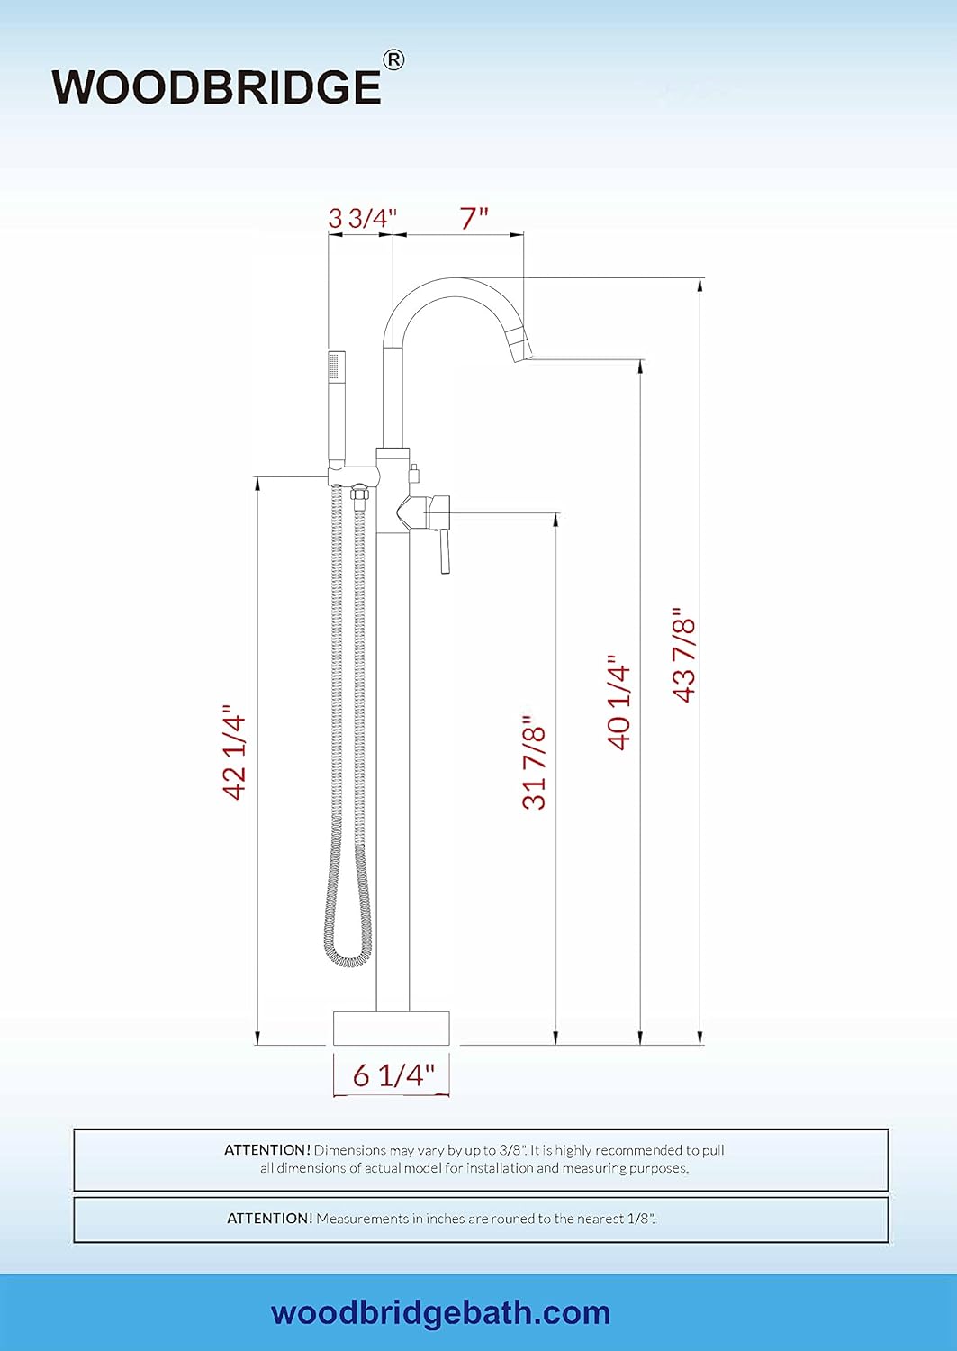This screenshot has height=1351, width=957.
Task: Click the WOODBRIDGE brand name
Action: coord(216,87)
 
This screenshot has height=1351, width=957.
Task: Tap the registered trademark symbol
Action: coord(393,60)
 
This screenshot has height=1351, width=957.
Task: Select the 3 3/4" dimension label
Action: coord(362,218)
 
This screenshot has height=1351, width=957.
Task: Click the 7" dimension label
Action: coord(474,218)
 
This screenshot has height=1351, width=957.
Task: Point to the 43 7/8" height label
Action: coord(684,658)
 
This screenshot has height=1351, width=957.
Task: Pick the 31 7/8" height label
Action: coord(534,761)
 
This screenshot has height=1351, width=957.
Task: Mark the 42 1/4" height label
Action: coord(235,753)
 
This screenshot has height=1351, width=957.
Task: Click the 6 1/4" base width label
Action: coord(393,1074)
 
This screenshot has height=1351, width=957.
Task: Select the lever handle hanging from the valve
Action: coord(444,550)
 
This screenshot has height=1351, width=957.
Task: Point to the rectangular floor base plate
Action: coord(391,1028)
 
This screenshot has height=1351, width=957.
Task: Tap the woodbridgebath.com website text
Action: coord(440,1313)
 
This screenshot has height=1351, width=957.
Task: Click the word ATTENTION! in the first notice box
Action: coord(267,1150)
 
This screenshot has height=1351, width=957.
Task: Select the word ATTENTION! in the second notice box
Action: coord(269,1219)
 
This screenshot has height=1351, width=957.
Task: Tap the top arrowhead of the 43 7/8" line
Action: coord(700,286)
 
